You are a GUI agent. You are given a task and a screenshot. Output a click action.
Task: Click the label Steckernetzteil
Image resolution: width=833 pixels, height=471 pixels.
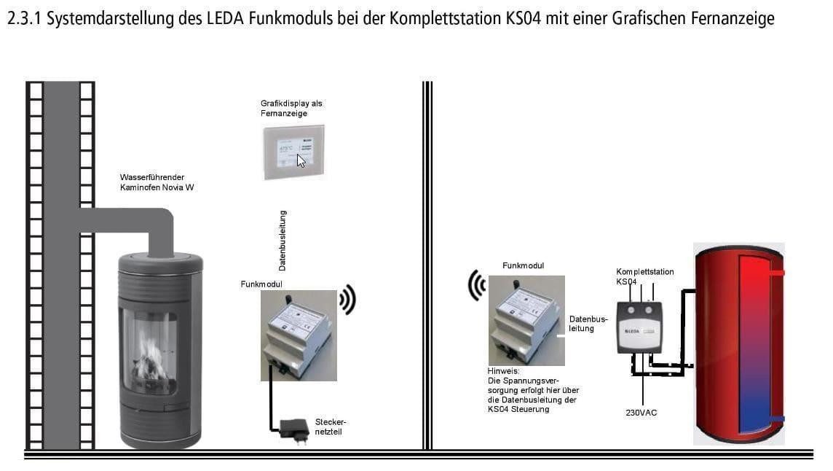tap(331, 427)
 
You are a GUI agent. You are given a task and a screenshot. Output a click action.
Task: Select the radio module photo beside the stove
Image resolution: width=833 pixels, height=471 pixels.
tap(299, 335)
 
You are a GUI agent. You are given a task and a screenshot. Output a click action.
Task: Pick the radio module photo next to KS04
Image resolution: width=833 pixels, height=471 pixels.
tap(526, 320)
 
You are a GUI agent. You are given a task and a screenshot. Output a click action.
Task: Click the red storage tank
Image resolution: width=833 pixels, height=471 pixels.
tap(738, 343)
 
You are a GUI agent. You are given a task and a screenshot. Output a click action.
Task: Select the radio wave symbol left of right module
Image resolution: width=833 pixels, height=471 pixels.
tap(476, 284)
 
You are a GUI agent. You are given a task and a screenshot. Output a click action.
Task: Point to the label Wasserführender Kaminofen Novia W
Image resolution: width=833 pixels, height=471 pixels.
tap(157, 182)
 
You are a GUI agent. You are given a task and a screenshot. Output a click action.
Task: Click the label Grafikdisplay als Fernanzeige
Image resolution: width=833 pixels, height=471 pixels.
tap(291, 109)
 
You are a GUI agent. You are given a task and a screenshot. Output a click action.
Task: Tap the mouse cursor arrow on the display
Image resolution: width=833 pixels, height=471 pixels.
tap(301, 160)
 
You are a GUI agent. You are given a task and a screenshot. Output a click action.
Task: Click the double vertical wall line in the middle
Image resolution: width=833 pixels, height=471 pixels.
tap(427, 262)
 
